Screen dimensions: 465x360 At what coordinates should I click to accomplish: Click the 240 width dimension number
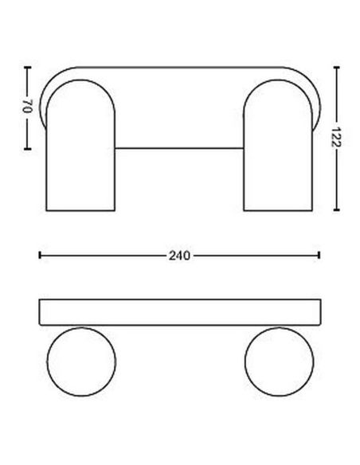pos(179,256)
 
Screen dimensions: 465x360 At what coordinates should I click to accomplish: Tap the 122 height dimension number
pos(338,140)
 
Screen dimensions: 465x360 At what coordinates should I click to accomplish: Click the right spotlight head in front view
pos(277,151)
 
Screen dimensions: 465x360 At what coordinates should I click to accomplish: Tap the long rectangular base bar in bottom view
pos(179,311)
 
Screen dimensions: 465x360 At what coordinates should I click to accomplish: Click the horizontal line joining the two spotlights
pos(179,147)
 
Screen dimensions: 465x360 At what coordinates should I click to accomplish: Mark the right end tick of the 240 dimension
pos(319,256)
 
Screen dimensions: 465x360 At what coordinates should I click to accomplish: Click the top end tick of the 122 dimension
pos(338,68)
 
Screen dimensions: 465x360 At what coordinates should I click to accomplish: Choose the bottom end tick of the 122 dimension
pos(338,212)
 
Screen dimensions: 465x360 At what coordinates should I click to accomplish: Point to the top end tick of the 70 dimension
pos(27,68)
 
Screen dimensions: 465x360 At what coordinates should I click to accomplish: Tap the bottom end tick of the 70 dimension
pos(27,149)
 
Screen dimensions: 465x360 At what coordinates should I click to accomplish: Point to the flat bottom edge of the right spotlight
pos(277,211)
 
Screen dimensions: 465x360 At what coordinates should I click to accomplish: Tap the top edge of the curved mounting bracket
pos(179,70)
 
